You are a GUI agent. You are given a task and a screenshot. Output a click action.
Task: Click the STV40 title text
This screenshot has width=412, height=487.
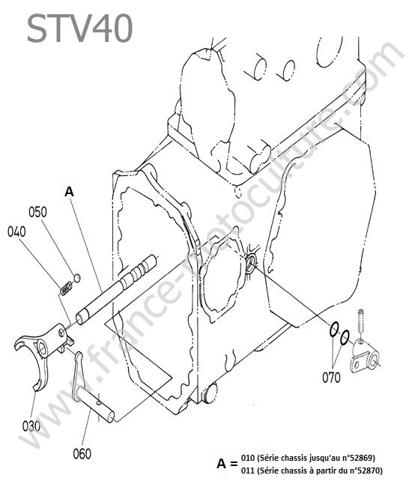coord(80,28)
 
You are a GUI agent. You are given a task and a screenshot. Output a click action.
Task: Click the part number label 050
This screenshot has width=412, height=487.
coord(37,212)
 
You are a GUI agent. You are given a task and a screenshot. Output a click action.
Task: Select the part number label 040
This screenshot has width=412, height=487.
coord(16,232)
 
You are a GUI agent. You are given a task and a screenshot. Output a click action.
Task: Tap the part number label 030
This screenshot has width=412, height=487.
coord(31,426)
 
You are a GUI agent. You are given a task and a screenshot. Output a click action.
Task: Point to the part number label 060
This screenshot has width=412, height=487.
coord(82,454)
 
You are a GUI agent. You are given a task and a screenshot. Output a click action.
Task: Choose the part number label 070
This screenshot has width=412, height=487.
coord(331,378)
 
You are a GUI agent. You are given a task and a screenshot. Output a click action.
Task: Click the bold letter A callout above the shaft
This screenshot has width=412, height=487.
coord(69,192)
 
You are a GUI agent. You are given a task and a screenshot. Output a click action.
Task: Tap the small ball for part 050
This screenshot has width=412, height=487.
coord(77,278)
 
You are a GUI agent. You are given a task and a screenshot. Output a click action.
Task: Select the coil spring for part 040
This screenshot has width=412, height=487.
coord(65,288)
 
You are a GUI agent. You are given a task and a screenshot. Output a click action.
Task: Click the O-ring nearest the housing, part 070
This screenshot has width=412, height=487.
coord(334,330)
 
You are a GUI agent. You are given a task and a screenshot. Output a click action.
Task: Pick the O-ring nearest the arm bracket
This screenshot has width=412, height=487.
coord(345,337)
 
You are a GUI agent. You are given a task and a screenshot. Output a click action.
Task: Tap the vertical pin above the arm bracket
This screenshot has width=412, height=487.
coord(361,321)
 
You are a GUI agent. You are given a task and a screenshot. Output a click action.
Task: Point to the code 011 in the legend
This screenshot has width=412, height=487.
coord(248,471)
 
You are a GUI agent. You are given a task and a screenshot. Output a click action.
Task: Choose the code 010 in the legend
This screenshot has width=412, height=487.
coord(248,458)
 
